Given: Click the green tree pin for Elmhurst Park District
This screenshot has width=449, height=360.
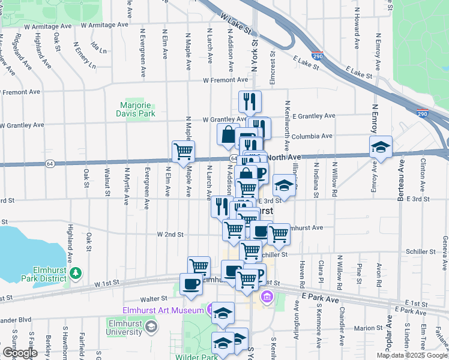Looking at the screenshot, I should tap(76, 274).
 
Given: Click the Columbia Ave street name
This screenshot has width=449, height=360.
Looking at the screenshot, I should tap(312, 136).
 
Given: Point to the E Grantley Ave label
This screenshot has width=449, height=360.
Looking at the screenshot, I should tap(313, 115).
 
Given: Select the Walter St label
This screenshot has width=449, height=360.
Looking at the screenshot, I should tap(153, 298).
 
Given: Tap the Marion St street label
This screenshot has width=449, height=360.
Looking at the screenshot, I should tap(369, 328).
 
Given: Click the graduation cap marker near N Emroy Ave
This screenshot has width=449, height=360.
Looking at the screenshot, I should tap(381, 147).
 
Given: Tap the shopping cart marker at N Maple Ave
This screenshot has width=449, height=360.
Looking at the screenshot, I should tap(183, 151).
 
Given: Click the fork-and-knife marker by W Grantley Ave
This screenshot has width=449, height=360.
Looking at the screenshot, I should tap(250, 101).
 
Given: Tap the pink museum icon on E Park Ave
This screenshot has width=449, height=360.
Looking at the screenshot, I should tap(267, 296).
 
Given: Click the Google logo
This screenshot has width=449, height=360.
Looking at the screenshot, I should tap(20, 353).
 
